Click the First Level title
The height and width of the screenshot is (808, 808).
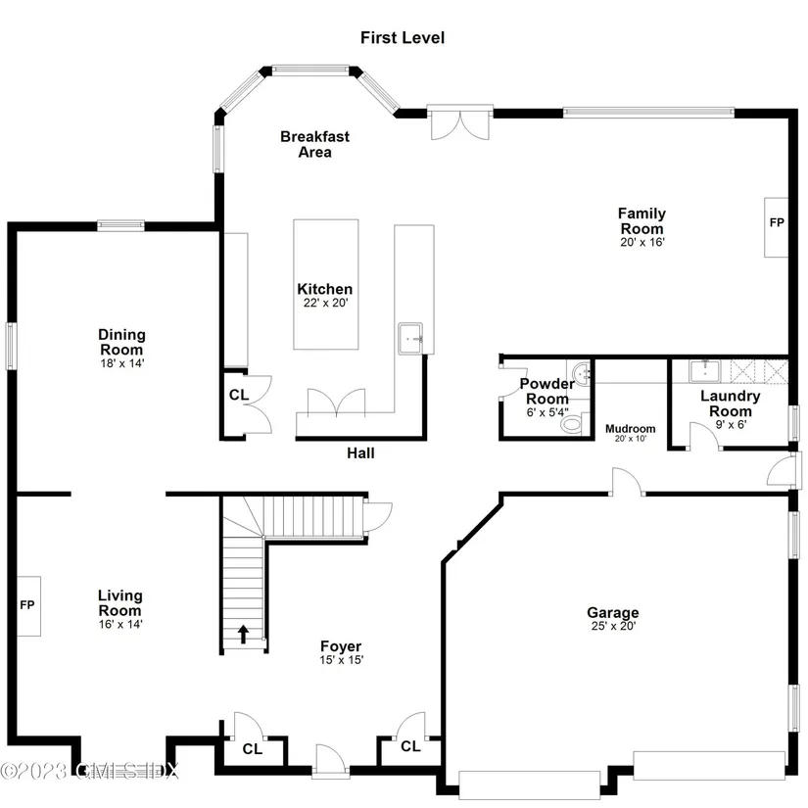tap(402, 37)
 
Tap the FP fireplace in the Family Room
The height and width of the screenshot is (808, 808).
tap(776, 227)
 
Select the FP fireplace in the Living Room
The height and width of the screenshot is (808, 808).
tap(28, 606)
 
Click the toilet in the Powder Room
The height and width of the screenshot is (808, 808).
tap(573, 423)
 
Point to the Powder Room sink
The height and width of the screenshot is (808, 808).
tap(583, 373)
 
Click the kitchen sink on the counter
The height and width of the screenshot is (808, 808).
tap(410, 339)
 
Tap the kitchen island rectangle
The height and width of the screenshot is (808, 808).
tap(326, 284)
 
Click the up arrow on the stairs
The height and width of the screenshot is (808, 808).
tap(243, 635)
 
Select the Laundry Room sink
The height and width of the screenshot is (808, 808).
tap(704, 371)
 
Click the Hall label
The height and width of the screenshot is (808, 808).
tap(360, 452)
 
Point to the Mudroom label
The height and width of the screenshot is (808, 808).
tap(630, 429)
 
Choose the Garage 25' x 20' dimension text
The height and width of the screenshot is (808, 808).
tap(613, 626)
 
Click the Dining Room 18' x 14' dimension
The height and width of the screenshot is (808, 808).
tap(122, 363)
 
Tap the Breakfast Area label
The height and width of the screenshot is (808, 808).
tap(314, 144)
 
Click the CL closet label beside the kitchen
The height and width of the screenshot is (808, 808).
tap(239, 395)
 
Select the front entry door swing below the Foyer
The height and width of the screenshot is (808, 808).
tap(329, 759)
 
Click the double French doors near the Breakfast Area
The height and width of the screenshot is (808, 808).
tap(460, 123)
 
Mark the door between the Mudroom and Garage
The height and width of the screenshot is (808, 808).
tap(627, 482)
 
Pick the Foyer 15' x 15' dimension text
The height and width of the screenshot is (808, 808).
tap(342, 660)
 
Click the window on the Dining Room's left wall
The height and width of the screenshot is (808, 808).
tap(11, 346)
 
